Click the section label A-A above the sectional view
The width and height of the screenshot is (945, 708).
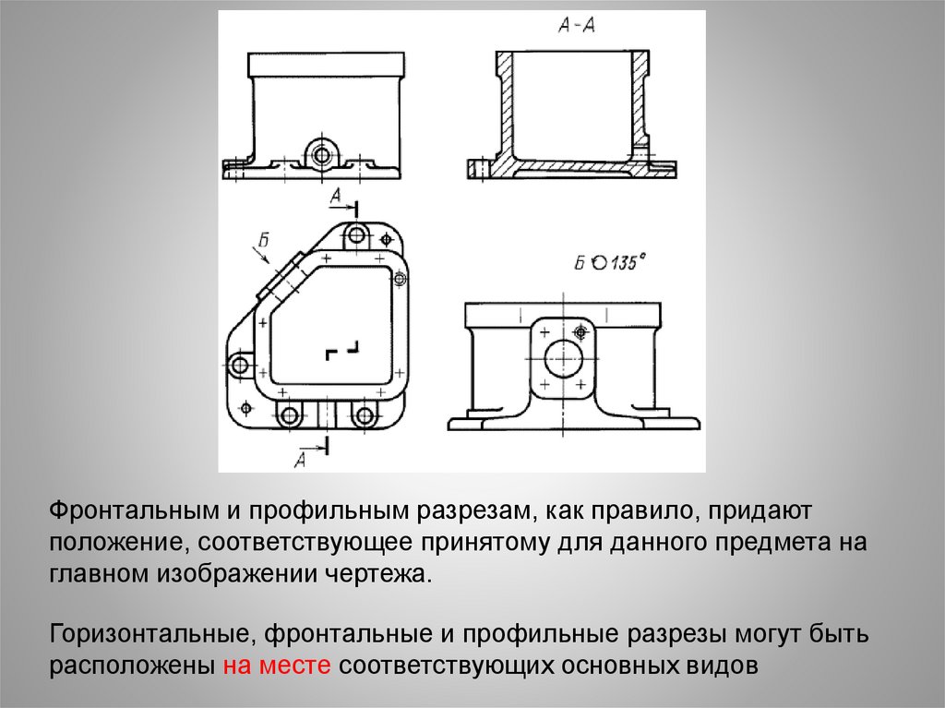tap(577, 26)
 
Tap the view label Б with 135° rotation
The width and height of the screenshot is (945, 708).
tap(609, 264)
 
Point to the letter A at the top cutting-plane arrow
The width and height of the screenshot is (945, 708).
tap(336, 196)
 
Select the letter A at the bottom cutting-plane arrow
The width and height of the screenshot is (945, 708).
tap(300, 460)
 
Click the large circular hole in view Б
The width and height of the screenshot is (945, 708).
tap(563, 358)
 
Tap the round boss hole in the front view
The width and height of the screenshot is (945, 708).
tap(322, 155)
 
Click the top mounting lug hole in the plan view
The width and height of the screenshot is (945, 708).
tap(357, 234)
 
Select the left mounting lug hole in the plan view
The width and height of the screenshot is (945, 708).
tap(240, 365)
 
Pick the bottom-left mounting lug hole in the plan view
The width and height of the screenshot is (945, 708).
tap(289, 415)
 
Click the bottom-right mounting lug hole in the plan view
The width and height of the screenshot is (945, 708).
tap(363, 415)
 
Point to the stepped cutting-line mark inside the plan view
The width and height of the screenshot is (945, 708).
tap(342, 351)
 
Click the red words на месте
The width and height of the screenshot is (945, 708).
tap(277, 666)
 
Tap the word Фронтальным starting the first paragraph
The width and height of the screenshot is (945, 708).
tap(134, 511)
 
